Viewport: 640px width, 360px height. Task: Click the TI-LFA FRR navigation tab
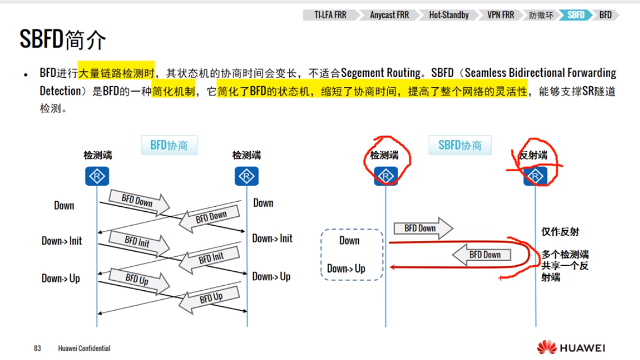pos(331,15)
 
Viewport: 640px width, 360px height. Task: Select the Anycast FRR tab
pos(389,15)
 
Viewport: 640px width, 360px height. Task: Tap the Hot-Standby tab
pos(449,15)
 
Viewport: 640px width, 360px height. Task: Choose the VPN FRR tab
pos(501,15)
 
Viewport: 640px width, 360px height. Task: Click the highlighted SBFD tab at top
pos(576,15)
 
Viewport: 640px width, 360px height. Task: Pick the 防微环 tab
pos(541,15)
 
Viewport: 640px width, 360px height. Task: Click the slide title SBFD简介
pos(62,40)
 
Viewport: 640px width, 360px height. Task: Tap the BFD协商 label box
pos(169,145)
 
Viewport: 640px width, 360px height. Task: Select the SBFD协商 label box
pos(460,145)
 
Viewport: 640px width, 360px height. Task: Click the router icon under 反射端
pos(535,177)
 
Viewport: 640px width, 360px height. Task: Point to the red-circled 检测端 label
pos(385,155)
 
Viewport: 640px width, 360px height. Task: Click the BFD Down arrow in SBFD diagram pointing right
pos(423,228)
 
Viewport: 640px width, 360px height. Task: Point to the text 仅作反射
pos(560,231)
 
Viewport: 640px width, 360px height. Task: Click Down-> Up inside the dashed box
pos(346,268)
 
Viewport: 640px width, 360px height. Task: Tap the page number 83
pos(38,348)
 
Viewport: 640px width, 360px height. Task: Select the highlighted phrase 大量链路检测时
pos(116,72)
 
